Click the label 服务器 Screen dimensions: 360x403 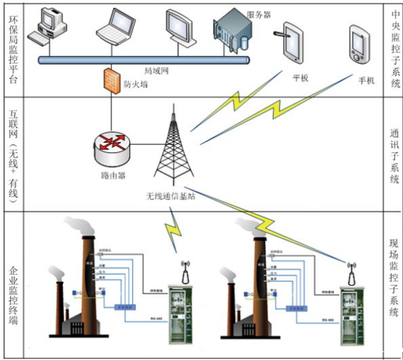258,14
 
